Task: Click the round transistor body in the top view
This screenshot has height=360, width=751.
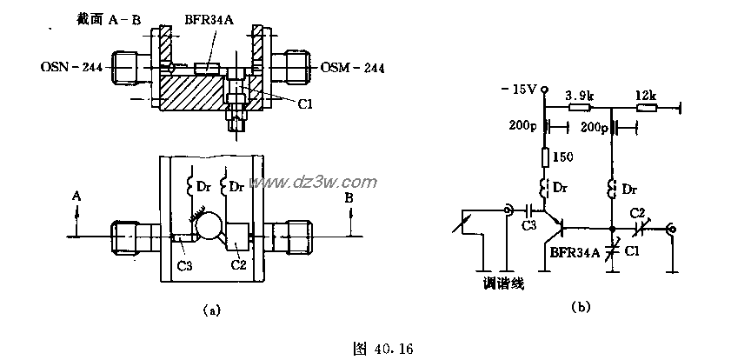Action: click(x=210, y=229)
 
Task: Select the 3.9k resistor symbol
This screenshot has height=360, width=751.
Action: click(x=579, y=108)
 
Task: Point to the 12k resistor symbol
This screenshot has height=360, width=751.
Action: click(x=647, y=108)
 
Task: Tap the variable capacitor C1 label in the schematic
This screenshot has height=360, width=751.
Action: click(x=634, y=252)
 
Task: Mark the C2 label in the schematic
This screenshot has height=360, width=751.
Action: click(x=637, y=212)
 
